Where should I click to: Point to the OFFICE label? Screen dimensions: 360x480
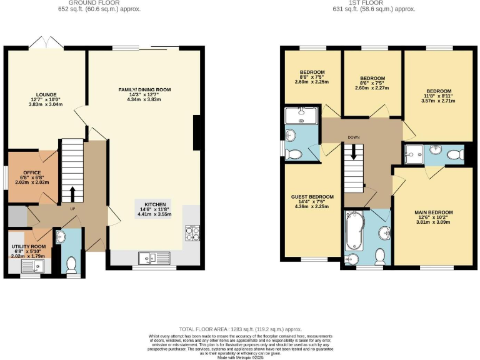pos(32,172)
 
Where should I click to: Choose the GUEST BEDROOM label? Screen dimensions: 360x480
pos(312,197)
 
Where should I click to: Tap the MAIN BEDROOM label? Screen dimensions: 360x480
pos(433,212)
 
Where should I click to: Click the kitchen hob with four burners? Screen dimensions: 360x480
pos(191,232)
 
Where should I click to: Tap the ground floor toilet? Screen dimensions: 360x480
pos(72,264)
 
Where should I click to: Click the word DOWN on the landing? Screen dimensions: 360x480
pos(354,137)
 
